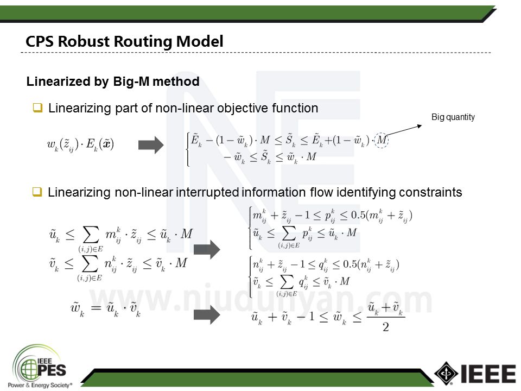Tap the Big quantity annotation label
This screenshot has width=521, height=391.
(x=453, y=117)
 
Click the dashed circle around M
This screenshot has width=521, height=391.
(x=382, y=141)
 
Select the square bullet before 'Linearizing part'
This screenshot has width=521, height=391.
(x=37, y=108)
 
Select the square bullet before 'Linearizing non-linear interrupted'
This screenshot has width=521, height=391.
(x=37, y=192)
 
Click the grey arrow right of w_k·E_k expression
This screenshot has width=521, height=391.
(x=151, y=145)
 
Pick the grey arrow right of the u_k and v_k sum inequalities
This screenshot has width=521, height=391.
(x=207, y=249)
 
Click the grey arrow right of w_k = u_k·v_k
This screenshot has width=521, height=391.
(x=207, y=315)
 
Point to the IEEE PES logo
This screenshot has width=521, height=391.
(x=41, y=367)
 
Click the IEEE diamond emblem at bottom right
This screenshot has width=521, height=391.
(x=446, y=374)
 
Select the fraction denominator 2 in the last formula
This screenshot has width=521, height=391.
(x=386, y=327)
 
